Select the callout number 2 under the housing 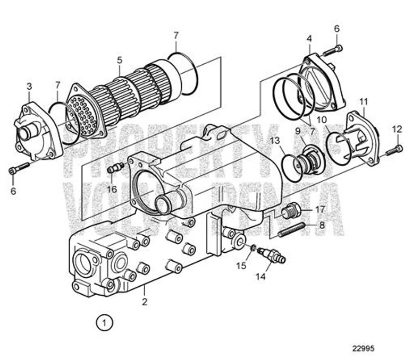145,302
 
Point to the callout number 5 120,59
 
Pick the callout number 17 319,209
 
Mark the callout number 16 112,189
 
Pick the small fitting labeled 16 114,169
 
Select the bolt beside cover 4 332,50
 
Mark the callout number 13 274,140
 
